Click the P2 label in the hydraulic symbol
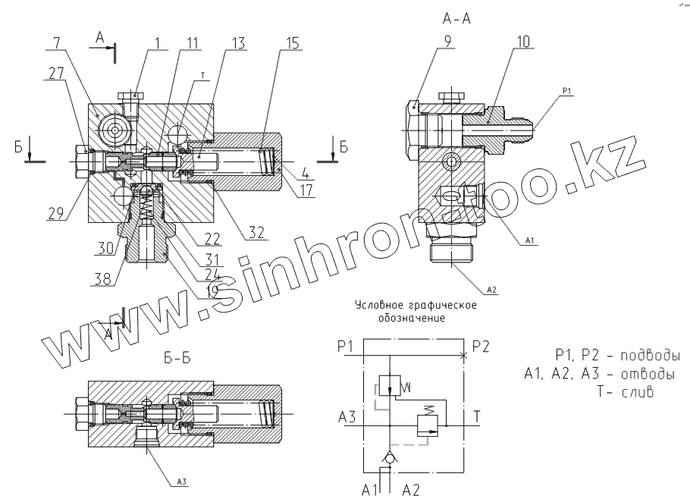pyautogui.click(x=480, y=347)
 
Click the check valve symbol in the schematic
pyautogui.click(x=389, y=458)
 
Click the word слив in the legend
pyautogui.click(x=637, y=393)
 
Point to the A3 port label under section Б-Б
pyautogui.click(x=183, y=482)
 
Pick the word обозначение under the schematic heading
pyautogui.click(x=411, y=318)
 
